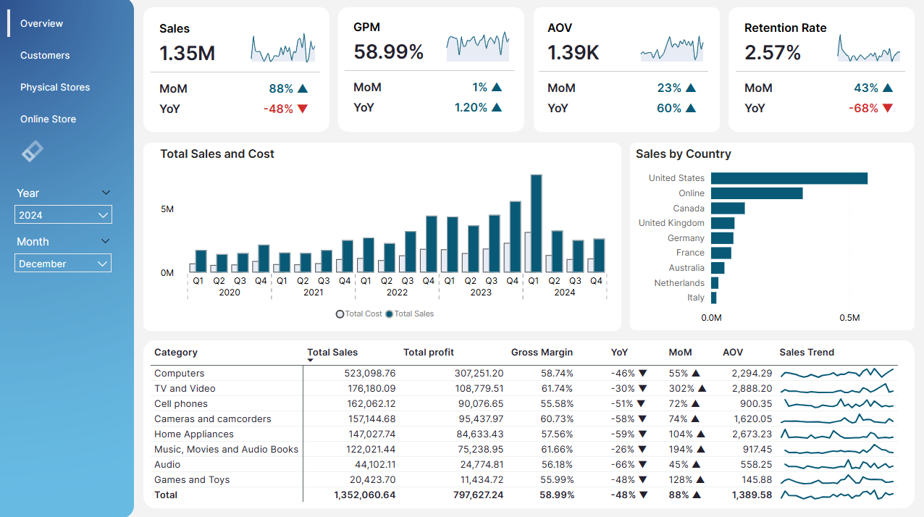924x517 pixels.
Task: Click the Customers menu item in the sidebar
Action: tap(45, 55)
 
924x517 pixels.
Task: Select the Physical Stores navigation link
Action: tap(55, 87)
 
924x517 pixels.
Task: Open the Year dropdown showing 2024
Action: tap(63, 214)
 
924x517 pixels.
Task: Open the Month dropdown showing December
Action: tap(63, 264)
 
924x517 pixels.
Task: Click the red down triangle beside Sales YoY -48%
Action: tap(303, 109)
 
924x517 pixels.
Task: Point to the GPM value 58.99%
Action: tap(389, 51)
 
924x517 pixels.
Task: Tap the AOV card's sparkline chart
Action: tap(672, 49)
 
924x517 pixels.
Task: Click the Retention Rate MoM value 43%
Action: tap(866, 88)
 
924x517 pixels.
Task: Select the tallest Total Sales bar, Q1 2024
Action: tap(537, 223)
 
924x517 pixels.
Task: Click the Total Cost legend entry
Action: tap(359, 314)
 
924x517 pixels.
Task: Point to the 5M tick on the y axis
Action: tap(167, 209)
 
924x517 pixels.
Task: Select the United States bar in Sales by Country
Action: tap(789, 178)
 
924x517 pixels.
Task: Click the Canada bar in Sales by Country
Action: tap(728, 209)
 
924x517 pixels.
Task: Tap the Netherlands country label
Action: tap(679, 283)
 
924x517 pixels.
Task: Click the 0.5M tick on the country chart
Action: tap(849, 318)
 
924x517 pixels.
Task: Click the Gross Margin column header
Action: tap(542, 353)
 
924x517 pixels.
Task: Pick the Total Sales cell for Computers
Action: tap(369, 374)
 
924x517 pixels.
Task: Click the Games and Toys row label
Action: tap(192, 480)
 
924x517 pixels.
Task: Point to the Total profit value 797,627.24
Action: tap(478, 495)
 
